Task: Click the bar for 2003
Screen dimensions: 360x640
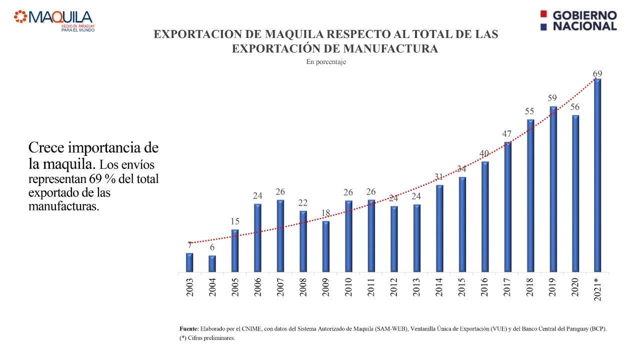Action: [189, 262]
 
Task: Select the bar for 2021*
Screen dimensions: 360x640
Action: [597, 175]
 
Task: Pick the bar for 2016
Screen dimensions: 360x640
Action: [484, 217]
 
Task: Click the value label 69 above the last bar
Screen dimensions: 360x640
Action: [597, 74]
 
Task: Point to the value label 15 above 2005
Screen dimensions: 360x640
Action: [234, 221]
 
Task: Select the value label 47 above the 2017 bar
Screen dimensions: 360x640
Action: [507, 133]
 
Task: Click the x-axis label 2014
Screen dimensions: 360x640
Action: [439, 287]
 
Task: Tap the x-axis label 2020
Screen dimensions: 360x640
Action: [575, 287]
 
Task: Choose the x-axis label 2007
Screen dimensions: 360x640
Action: [280, 287]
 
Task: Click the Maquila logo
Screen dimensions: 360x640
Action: [54, 20]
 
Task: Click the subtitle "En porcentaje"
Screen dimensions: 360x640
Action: [326, 62]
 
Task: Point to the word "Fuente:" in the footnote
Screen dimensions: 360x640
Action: [189, 328]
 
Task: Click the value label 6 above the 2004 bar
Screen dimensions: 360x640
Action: [212, 248]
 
